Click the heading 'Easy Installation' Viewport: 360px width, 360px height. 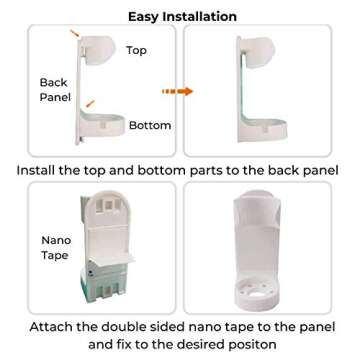(182, 16)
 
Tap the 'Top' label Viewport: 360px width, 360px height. (137, 50)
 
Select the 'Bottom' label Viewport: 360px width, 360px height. (150, 125)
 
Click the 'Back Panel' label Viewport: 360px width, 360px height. (55, 90)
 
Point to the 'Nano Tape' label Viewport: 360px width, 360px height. (55, 247)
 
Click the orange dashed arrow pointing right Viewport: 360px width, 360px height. (177, 91)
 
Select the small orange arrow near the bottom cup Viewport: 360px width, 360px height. (89, 103)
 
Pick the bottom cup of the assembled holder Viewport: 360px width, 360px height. (268, 130)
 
